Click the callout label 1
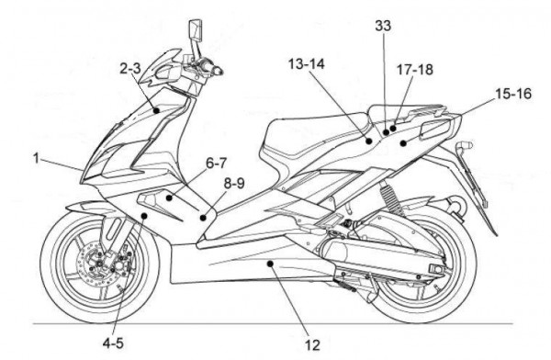pos(38,157)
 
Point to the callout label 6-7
pos(217,163)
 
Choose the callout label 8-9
pos(234,183)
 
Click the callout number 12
pos(312,344)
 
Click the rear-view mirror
pos(196,32)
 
